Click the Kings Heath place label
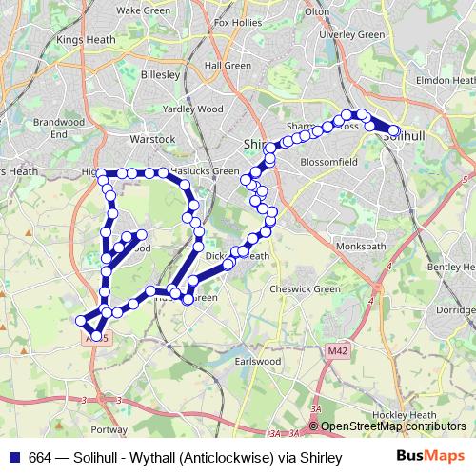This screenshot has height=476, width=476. (x=85, y=40)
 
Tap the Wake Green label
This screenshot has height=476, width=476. (x=142, y=10)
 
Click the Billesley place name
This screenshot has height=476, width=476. (x=160, y=73)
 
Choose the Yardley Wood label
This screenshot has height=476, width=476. (x=193, y=109)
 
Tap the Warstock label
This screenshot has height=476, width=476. (x=153, y=139)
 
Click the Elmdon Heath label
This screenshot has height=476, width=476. (x=446, y=79)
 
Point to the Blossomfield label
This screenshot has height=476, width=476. (x=327, y=163)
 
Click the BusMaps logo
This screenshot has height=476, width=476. (x=429, y=458)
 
